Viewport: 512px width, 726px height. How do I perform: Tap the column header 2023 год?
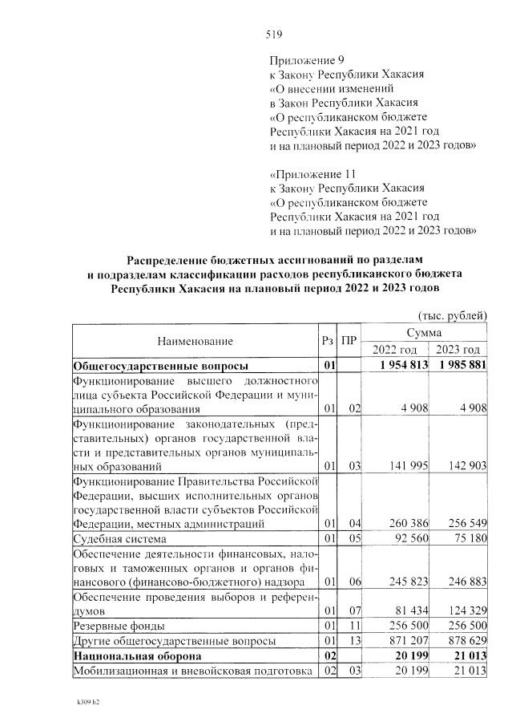458,350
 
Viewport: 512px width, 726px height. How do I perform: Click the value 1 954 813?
399,367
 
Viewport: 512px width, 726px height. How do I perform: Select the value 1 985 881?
459,367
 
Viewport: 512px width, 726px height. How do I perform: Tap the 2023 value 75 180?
466,538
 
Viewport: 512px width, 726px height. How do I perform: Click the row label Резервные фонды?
119,625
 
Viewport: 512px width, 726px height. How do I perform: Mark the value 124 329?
463,610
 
